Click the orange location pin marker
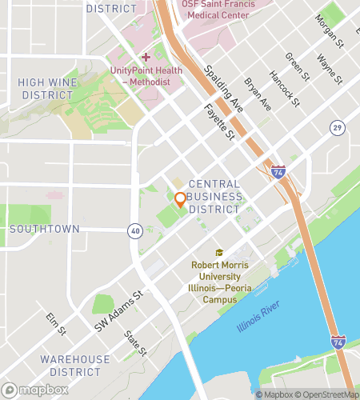180,199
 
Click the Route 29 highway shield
337,128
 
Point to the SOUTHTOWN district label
44,229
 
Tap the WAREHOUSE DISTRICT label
75,366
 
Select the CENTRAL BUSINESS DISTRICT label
214,196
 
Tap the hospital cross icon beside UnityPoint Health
145,57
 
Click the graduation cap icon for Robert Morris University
218,253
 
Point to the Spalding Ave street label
223,89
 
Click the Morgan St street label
329,30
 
